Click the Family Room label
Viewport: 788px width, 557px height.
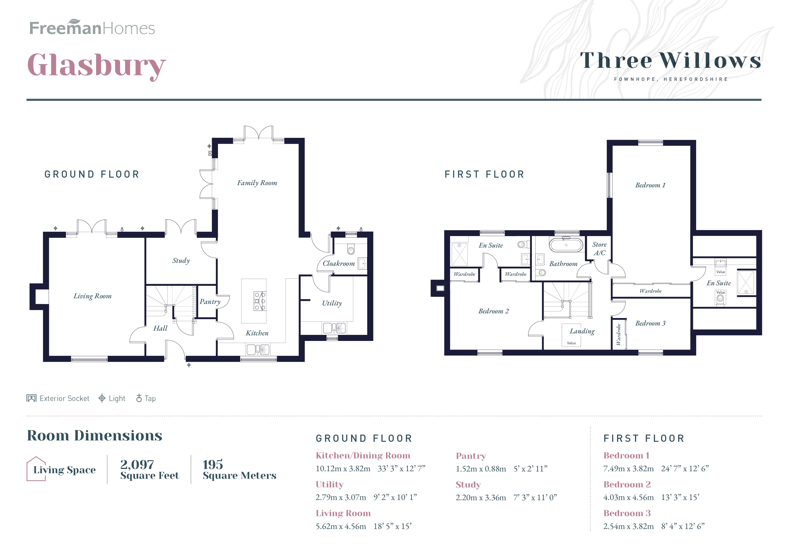(257, 183)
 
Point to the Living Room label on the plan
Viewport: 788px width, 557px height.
(92, 296)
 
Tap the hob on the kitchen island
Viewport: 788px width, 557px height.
(260, 301)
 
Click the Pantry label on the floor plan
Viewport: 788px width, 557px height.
(210, 302)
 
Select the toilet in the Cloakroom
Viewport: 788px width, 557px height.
(350, 250)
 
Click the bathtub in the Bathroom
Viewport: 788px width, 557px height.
(566, 245)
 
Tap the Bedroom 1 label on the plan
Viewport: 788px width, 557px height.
(650, 185)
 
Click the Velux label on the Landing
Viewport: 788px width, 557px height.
(571, 343)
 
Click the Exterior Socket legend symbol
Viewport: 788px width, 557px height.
(31, 398)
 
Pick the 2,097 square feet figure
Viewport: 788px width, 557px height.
(137, 465)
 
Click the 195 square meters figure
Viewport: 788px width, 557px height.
(212, 465)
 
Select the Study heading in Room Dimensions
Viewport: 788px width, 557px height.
(468, 485)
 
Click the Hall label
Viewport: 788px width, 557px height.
(160, 328)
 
